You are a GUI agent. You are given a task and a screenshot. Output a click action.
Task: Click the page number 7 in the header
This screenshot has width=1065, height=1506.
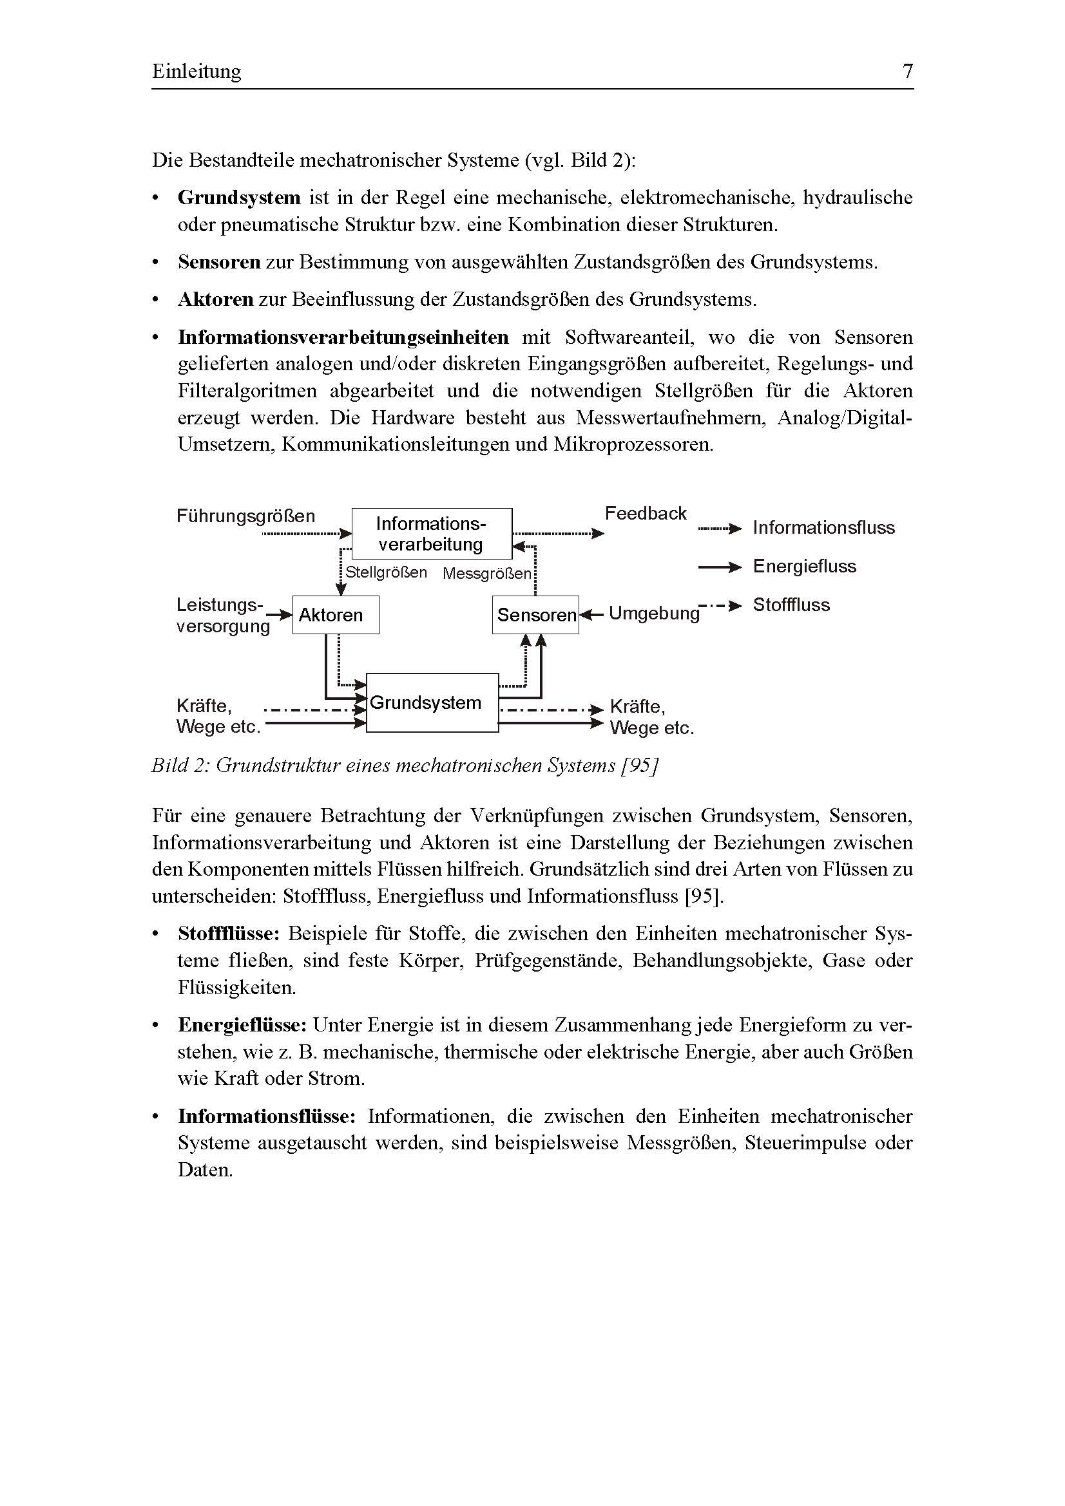point(908,71)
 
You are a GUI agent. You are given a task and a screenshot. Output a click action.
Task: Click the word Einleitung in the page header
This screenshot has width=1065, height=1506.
point(197,71)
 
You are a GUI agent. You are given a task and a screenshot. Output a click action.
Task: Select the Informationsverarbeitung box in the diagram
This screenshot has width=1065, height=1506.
point(432,533)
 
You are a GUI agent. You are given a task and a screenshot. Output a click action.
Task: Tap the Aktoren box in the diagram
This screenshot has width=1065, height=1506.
point(335,615)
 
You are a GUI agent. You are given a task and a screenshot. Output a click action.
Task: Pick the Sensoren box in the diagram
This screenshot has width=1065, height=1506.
point(535,615)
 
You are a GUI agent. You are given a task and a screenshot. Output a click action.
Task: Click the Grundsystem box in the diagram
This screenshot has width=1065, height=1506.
point(432,702)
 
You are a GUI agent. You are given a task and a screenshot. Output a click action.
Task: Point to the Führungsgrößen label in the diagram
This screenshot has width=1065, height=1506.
point(245,516)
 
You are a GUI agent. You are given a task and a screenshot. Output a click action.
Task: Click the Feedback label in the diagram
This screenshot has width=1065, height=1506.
point(645,514)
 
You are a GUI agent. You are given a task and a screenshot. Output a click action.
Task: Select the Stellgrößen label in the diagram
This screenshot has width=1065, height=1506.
point(386,572)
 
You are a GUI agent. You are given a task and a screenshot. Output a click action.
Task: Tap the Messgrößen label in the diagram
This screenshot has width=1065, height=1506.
point(486,574)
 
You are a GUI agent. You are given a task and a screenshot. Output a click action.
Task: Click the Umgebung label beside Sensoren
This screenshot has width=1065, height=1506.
point(653,614)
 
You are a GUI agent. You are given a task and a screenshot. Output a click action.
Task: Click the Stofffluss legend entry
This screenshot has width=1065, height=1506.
point(791,605)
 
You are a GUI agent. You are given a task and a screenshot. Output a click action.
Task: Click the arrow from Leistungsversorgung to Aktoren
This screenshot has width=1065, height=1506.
point(282,615)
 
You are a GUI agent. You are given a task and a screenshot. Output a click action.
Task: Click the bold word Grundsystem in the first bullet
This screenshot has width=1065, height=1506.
point(239,198)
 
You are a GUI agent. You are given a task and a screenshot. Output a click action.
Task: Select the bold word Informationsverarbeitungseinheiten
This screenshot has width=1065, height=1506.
point(343,337)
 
